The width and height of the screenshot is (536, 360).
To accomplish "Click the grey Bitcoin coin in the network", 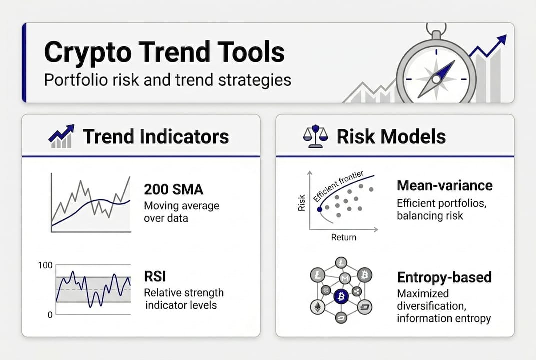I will click(364, 274).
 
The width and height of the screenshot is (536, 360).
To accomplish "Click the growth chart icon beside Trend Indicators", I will click(61, 136).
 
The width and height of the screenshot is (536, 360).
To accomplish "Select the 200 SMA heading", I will click(167, 189).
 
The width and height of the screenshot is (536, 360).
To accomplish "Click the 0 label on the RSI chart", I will click(50, 315).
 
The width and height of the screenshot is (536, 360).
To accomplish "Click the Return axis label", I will click(344, 237).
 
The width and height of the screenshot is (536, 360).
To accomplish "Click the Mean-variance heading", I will click(444, 186).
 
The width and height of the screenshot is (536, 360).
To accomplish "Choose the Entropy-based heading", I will click(444, 277).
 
